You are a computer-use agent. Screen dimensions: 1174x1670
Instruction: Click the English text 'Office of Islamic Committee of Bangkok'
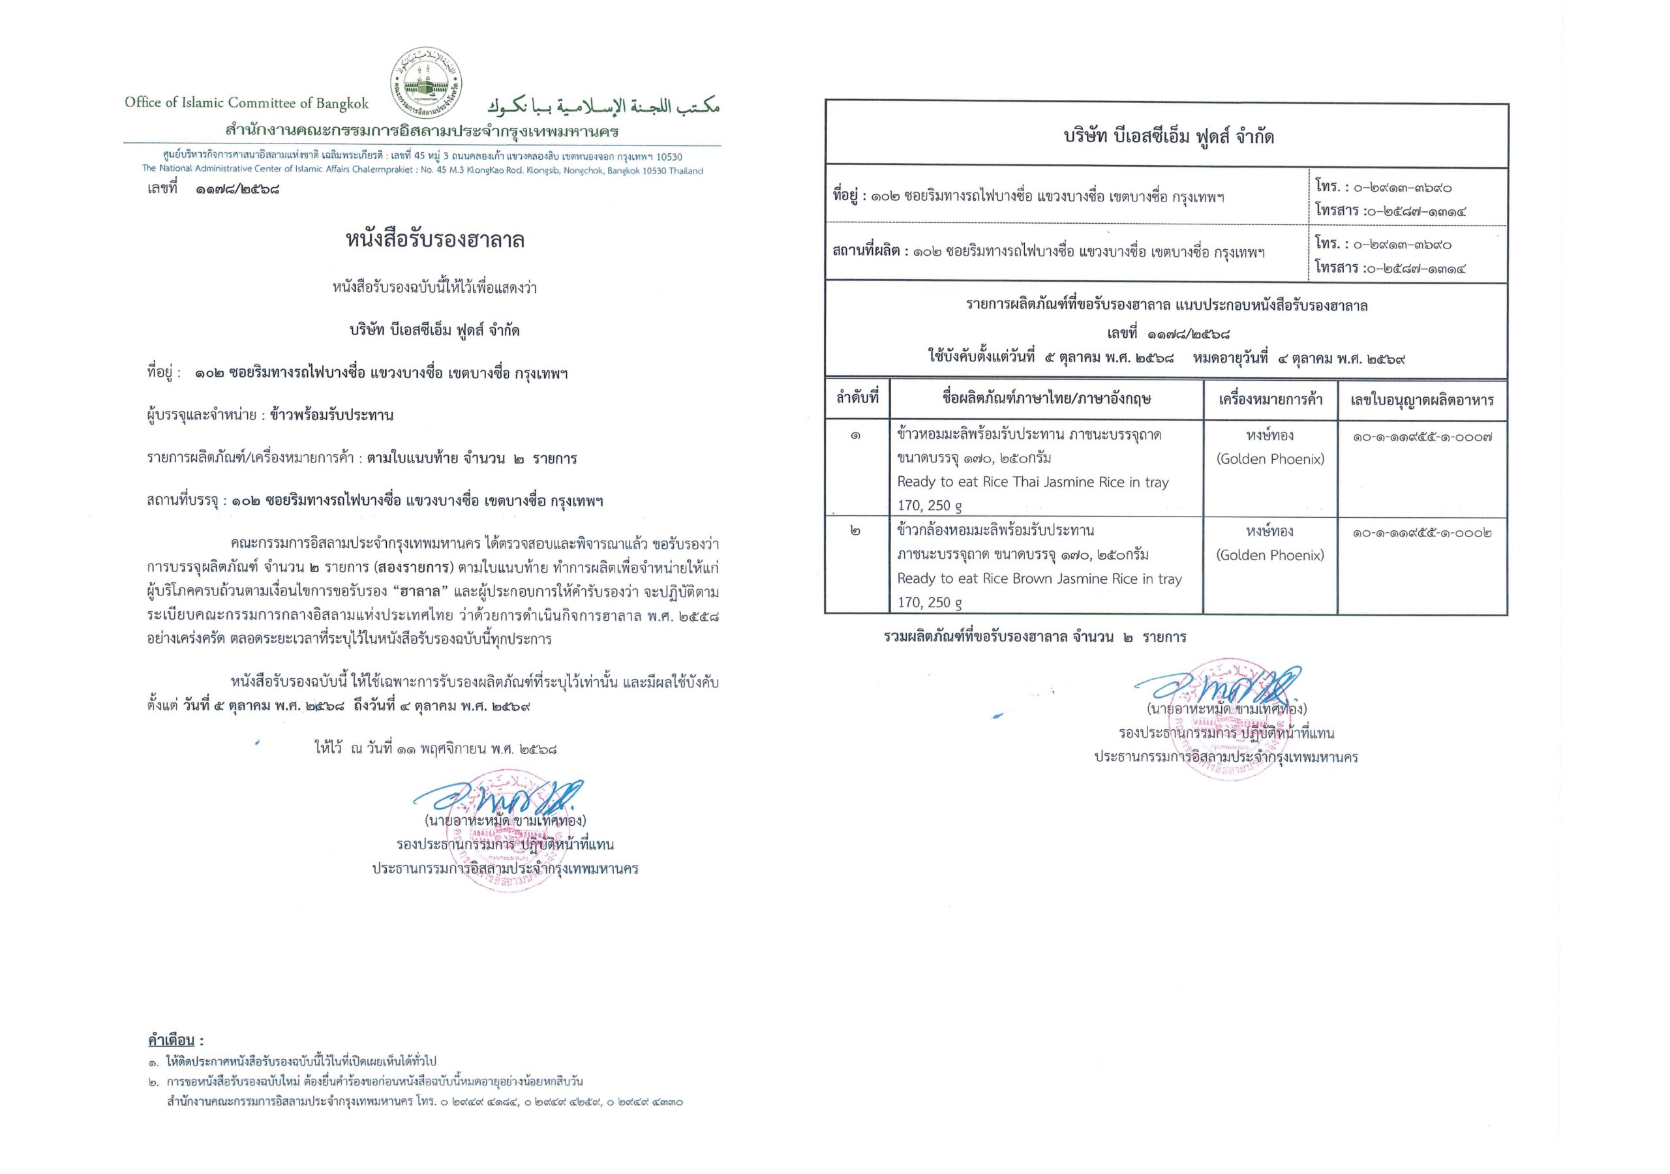click(247, 102)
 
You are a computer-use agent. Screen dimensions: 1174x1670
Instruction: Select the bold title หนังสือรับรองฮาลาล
click(435, 240)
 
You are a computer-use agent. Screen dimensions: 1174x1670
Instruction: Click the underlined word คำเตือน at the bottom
click(172, 1040)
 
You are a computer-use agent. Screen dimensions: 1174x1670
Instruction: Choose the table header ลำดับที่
click(857, 399)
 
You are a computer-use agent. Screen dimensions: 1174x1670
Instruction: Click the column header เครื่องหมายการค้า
click(1270, 399)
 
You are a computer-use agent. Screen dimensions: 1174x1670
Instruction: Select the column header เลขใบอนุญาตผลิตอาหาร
click(1422, 400)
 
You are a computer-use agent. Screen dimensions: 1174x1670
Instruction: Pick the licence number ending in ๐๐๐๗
click(1422, 437)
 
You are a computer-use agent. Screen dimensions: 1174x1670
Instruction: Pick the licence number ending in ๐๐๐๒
click(1422, 533)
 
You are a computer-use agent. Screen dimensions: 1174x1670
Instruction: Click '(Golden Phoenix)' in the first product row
click(1270, 459)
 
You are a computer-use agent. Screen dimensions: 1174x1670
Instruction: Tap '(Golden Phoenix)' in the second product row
click(1270, 555)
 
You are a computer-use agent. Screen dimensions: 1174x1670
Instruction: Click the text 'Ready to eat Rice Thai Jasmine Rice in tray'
click(1033, 481)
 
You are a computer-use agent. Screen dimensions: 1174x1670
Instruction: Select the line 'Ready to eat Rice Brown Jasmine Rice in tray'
click(1039, 579)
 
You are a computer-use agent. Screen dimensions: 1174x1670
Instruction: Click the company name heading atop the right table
click(1168, 137)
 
